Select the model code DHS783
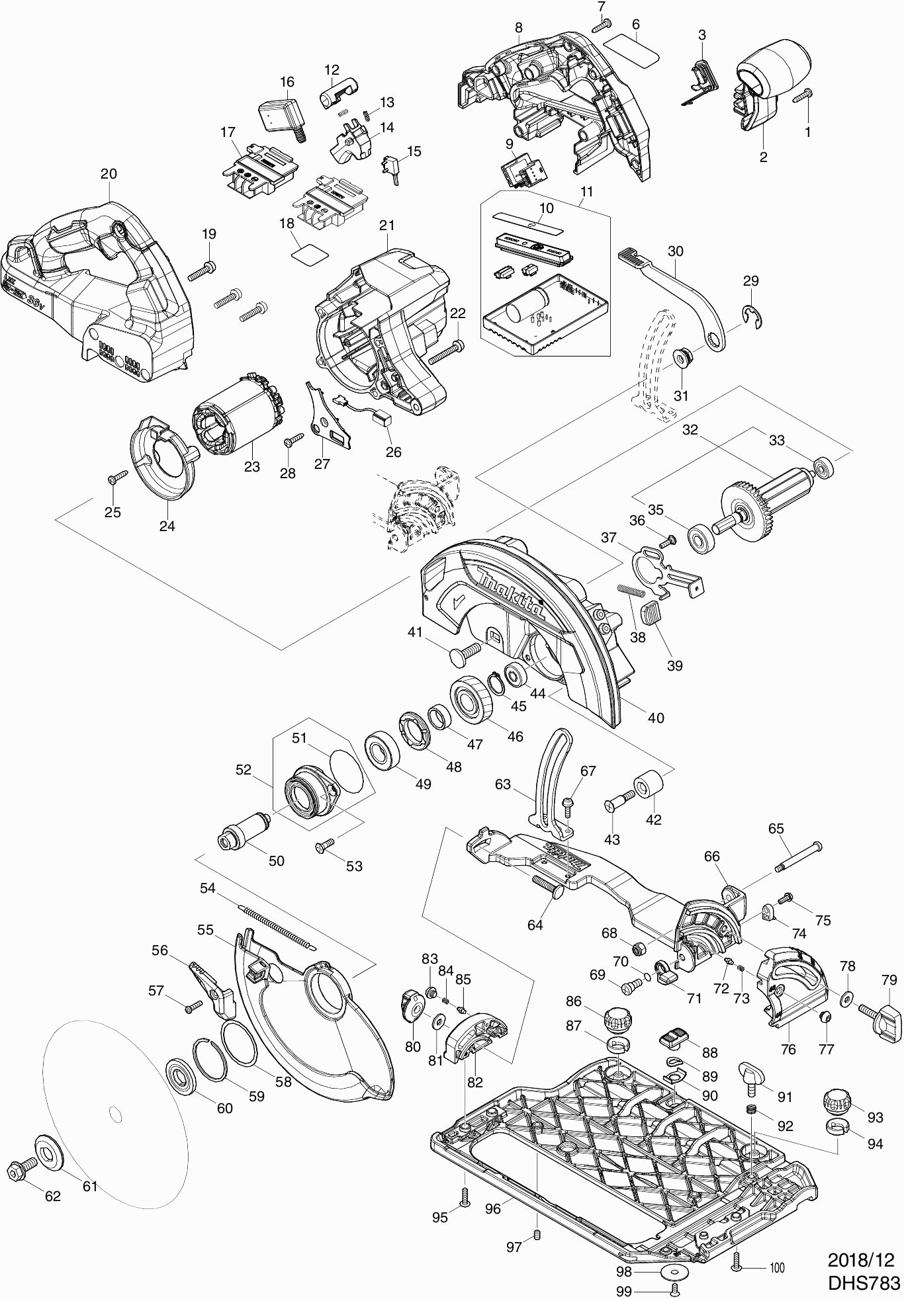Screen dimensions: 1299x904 [864, 1282]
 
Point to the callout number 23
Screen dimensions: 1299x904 [251, 466]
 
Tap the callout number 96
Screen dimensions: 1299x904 [492, 1208]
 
